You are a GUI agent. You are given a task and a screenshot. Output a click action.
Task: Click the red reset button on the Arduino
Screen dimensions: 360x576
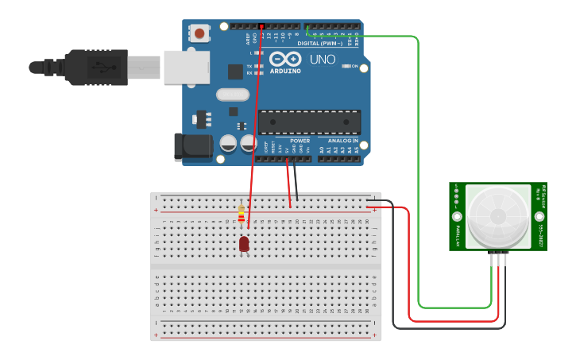(199, 33)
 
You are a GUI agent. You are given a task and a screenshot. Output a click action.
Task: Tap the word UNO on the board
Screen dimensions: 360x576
(322, 60)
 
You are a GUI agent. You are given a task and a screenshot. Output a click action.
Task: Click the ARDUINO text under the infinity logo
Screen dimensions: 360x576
(285, 71)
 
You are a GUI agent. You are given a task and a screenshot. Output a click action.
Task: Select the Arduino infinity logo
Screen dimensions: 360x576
(284, 59)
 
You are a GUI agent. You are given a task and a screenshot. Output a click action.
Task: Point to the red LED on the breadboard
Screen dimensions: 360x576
(244, 244)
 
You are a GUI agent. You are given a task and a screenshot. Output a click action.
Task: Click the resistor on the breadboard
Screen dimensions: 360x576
(242, 214)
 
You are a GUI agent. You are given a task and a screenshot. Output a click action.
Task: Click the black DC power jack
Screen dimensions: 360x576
(193, 146)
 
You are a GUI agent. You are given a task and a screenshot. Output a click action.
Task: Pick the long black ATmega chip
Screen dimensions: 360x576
(309, 122)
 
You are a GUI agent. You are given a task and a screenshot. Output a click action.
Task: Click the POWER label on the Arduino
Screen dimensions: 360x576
(300, 141)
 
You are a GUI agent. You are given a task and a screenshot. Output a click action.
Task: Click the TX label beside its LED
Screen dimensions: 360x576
(249, 65)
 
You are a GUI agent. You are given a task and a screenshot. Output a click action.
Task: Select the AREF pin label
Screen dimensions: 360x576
(246, 37)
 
